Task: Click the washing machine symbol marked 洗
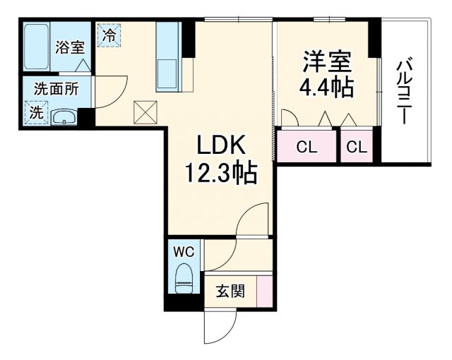point(35,112)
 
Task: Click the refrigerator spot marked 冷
point(109,35)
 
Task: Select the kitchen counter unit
point(169,56)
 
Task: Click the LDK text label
point(220,146)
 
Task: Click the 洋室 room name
point(328,61)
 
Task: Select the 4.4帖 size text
point(328,89)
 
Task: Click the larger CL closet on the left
point(307,147)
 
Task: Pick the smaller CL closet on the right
point(357,147)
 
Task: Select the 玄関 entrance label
point(230,291)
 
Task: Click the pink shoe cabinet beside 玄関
point(264,292)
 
